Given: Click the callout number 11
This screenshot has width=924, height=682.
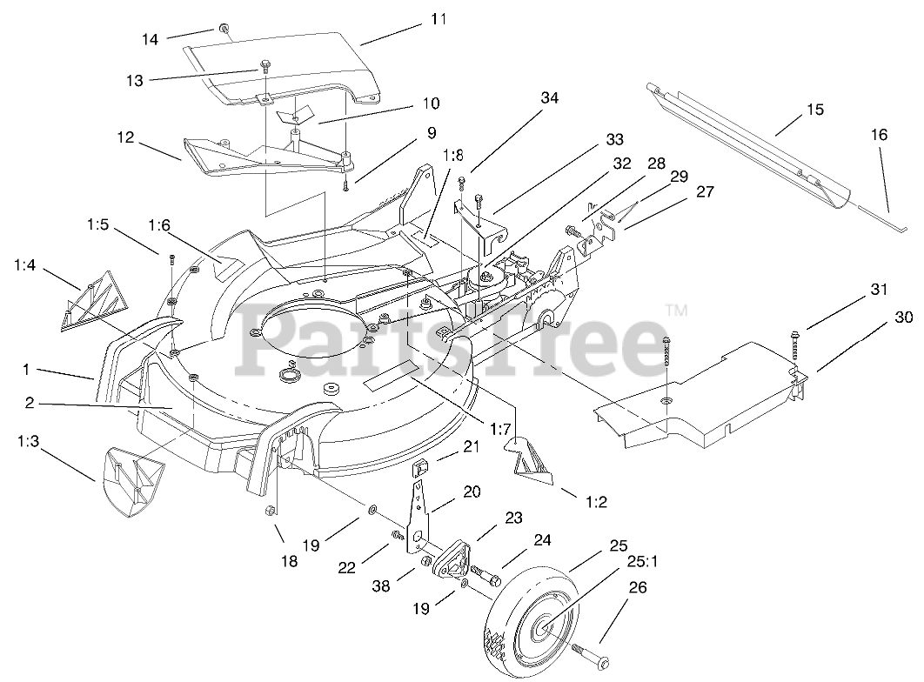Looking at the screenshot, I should pyautogui.click(x=435, y=17).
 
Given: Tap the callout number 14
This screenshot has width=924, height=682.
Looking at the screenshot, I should pyautogui.click(x=151, y=38).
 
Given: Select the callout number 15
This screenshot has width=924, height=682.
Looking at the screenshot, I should pyautogui.click(x=815, y=110).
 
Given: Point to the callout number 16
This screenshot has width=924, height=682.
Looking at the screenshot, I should pyautogui.click(x=880, y=135).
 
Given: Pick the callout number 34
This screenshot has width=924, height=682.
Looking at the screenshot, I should pyautogui.click(x=548, y=98).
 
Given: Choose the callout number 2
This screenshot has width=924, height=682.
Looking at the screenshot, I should pyautogui.click(x=30, y=403).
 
